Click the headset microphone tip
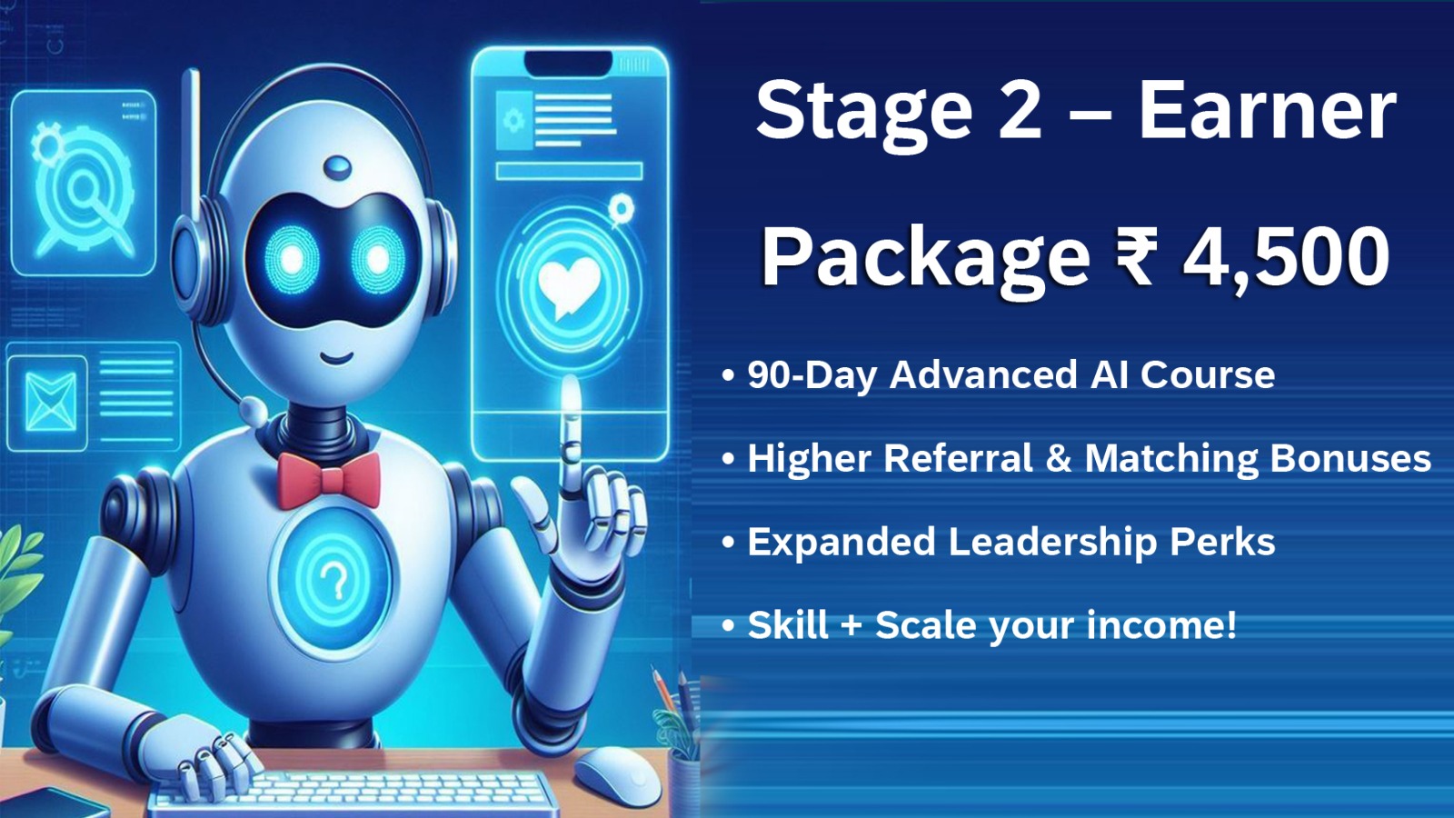tap(253, 410)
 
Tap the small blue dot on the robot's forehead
tap(337, 168)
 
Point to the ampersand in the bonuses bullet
tap(1059, 458)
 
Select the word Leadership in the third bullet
tap(1051, 542)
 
